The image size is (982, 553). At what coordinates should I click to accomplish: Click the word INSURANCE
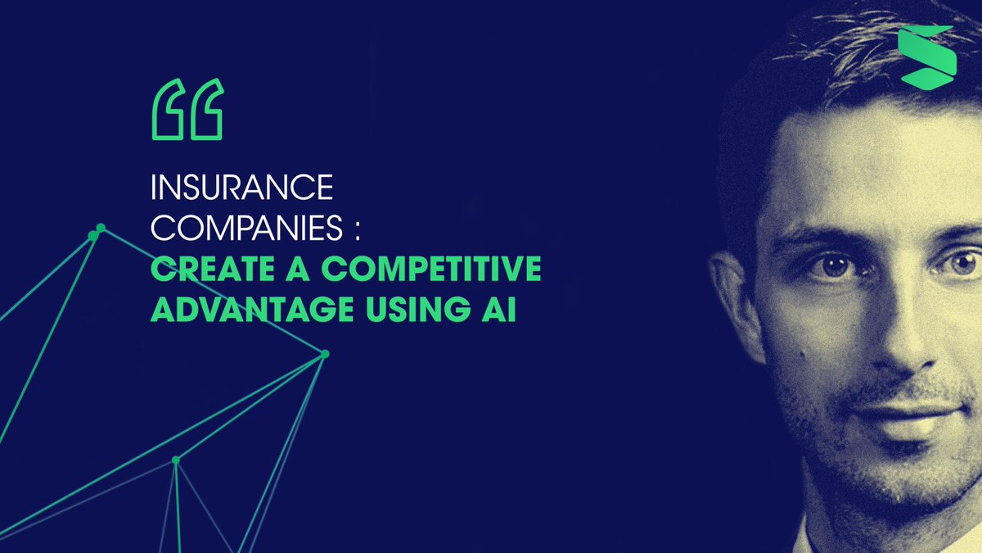point(242,189)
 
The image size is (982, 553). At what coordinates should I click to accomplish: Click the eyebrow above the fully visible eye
point(827,233)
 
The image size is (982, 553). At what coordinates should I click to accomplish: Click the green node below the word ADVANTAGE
point(325,354)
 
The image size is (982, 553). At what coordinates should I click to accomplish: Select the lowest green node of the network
point(175,460)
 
